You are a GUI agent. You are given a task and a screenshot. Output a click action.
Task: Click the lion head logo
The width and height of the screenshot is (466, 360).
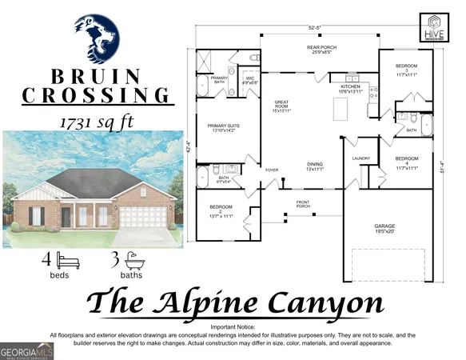click(x=97, y=37)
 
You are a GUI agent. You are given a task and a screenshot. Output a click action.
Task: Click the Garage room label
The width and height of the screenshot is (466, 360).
click(x=385, y=228)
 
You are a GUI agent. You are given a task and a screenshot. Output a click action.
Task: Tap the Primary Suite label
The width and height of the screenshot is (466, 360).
click(x=224, y=127)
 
